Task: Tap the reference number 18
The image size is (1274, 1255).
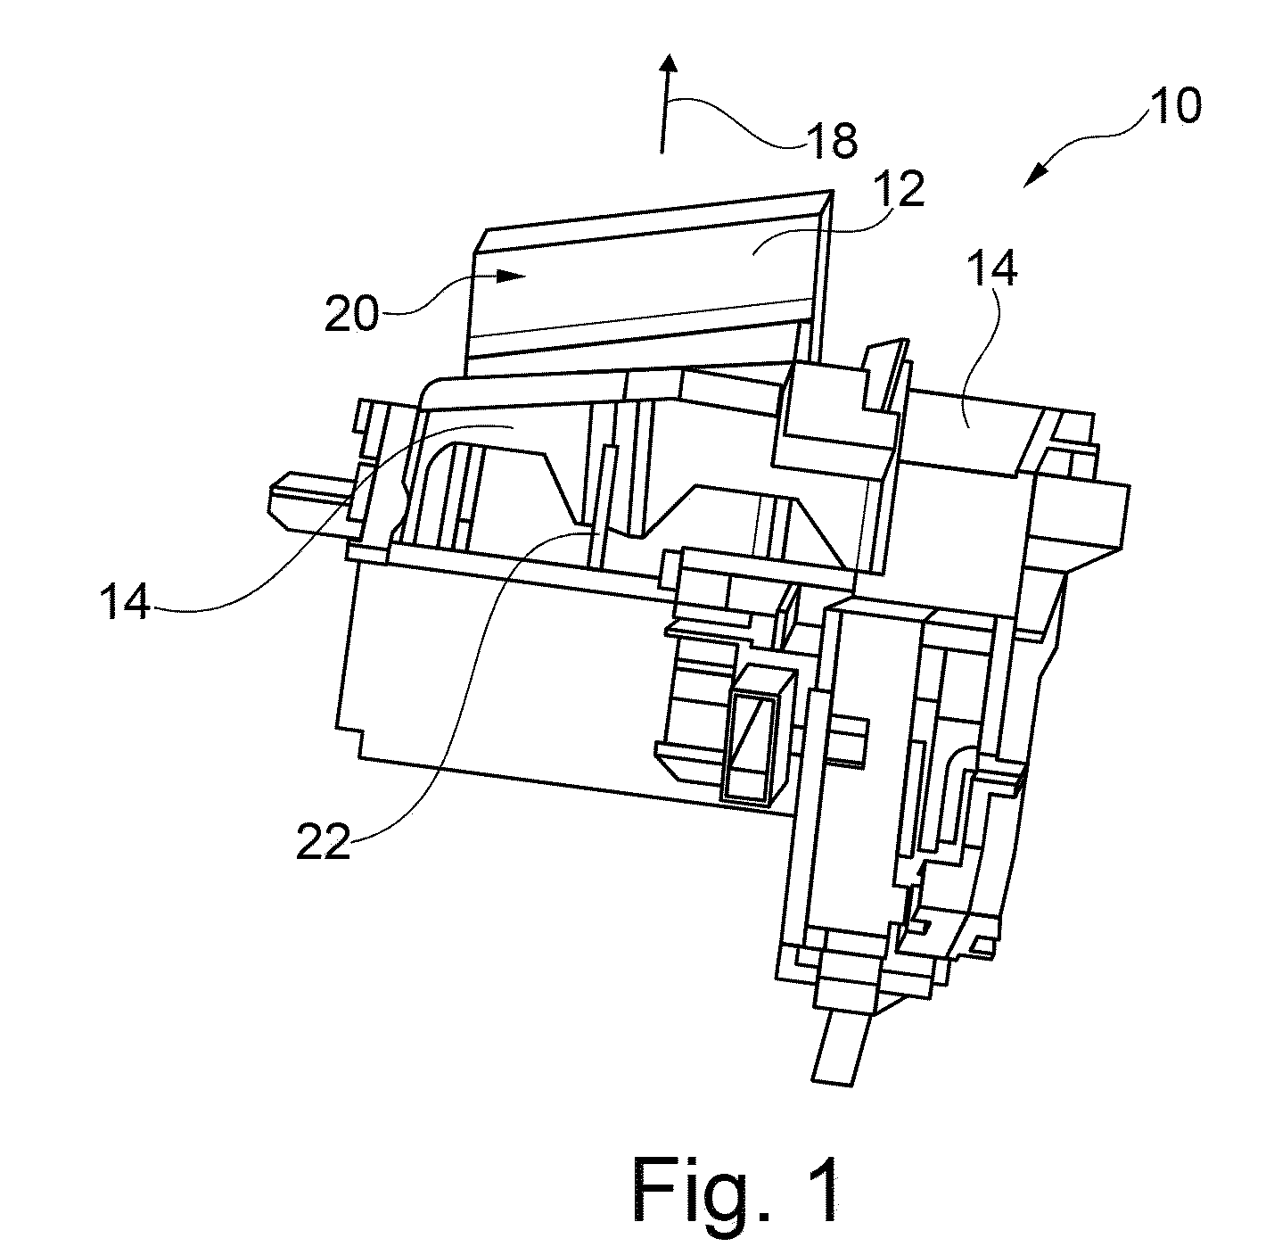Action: point(832,140)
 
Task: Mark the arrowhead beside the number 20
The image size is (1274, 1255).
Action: point(509,276)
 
